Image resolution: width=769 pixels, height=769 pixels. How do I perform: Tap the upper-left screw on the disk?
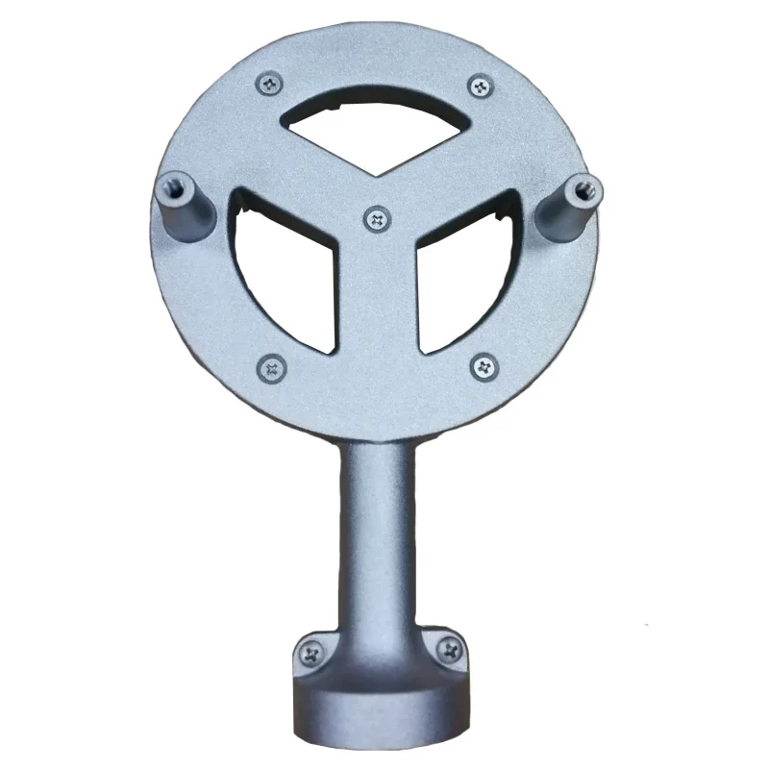point(270,85)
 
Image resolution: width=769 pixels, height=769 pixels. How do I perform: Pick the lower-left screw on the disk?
point(273,366)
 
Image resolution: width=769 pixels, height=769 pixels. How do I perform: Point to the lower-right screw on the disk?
point(483,365)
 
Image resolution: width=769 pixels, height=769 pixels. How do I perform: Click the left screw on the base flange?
point(311,654)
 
